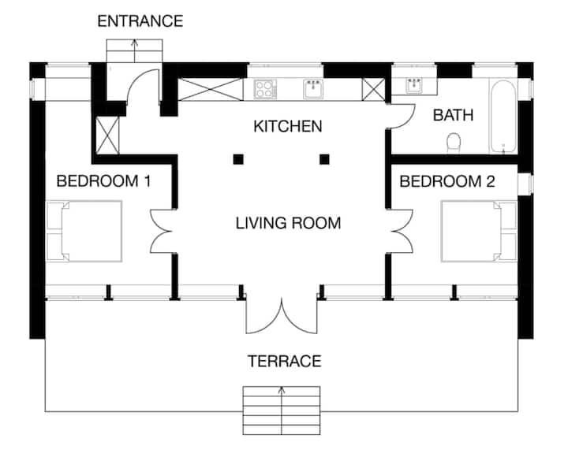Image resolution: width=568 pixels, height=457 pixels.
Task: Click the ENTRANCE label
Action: [140, 21]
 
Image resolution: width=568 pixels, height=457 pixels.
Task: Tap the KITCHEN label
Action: [288, 126]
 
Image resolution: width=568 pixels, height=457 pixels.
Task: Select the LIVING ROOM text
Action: [289, 223]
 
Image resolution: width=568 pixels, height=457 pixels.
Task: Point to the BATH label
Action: [453, 115]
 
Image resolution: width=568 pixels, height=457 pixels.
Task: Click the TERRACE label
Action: [284, 361]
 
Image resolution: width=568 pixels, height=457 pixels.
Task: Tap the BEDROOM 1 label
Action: [103, 181]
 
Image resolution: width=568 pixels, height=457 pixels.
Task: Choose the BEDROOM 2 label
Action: [447, 181]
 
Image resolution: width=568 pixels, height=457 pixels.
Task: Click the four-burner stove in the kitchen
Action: [265, 89]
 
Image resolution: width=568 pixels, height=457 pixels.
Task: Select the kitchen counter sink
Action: [313, 89]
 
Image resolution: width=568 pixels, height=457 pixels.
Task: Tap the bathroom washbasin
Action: [414, 86]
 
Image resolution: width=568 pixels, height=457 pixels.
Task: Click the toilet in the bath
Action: [454, 143]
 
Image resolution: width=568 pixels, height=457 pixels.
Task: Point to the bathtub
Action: [503, 117]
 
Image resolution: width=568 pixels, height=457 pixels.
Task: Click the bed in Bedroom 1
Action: [84, 231]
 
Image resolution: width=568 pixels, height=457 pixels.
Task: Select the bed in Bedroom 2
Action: [479, 231]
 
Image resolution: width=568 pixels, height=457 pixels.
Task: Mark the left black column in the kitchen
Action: [238, 159]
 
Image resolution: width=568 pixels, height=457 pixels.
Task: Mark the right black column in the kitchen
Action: [324, 159]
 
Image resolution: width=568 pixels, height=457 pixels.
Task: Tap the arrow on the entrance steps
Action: [134, 50]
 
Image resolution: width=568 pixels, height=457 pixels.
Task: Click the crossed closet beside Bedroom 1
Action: [107, 136]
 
